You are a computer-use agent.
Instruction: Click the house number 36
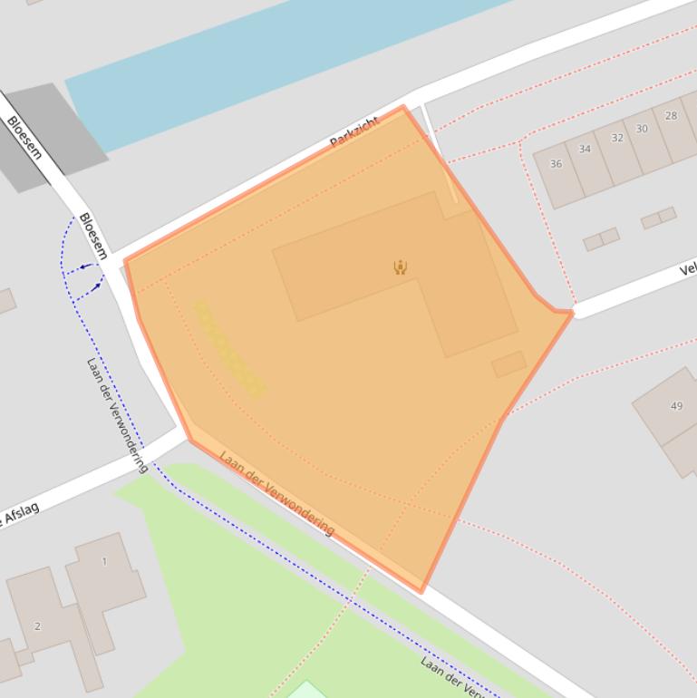556,164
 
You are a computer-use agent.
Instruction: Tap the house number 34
585,150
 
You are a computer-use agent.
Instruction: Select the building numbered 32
617,138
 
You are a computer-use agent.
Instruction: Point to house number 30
642,129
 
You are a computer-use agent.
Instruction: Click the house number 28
671,116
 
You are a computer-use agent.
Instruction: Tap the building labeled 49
676,406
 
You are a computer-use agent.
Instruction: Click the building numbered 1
104,562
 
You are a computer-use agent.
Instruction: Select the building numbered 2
37,626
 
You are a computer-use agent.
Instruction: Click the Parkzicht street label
353,133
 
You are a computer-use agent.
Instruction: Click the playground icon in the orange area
400,267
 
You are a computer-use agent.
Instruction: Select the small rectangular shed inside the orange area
508,364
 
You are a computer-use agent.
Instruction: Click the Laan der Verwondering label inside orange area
276,492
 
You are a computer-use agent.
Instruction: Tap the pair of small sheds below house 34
601,238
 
